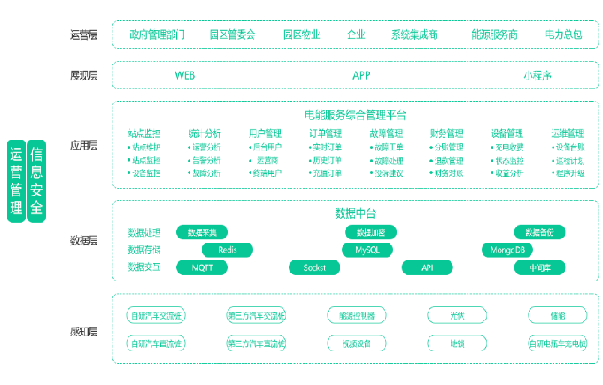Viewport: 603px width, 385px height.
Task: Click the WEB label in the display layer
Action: (185, 75)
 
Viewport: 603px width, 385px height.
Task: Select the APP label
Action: (361, 75)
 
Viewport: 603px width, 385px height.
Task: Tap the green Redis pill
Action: (228, 250)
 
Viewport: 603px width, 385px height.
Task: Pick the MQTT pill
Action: (202, 266)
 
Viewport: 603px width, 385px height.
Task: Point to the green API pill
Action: (427, 266)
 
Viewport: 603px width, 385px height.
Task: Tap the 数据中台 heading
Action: (355, 213)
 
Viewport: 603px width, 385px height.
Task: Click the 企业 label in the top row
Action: (356, 35)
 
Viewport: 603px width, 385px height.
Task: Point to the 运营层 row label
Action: (83, 35)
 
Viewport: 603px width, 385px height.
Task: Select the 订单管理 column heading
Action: (325, 134)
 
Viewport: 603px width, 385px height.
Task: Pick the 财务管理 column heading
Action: (447, 134)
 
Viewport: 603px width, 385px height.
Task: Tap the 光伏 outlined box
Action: (457, 314)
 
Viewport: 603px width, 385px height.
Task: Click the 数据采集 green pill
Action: (202, 232)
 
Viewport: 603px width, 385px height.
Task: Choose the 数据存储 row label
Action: (144, 250)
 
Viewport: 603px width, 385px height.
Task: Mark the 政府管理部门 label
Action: (157, 35)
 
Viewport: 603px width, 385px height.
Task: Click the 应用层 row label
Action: (83, 144)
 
